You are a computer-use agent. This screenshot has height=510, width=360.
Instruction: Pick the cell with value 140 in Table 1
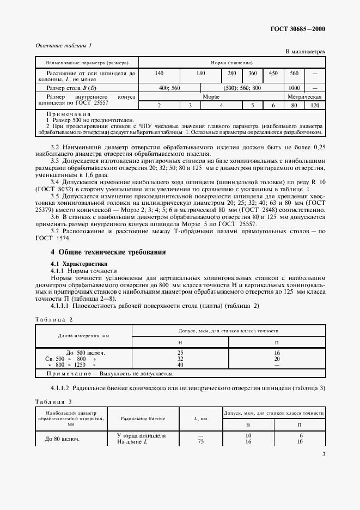click(159, 73)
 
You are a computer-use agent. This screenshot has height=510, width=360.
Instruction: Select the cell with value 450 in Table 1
click(273, 73)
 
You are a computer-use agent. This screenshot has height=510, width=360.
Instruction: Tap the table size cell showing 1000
click(295, 87)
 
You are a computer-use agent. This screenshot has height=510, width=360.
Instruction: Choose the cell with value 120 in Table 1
click(315, 105)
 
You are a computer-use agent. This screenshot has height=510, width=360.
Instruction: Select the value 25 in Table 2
click(180, 353)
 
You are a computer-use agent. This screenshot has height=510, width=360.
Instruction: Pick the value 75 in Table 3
click(200, 441)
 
